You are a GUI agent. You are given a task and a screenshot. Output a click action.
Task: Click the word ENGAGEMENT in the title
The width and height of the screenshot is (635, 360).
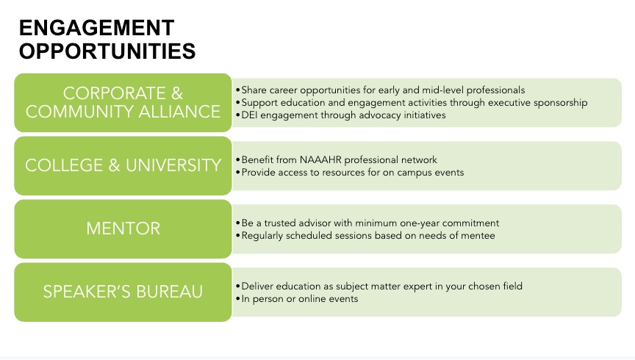coord(96,28)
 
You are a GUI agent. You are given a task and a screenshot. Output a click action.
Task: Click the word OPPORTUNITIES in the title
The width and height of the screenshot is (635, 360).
coord(107,51)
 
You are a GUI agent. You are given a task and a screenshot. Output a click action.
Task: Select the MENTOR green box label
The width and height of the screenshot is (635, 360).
coord(123,228)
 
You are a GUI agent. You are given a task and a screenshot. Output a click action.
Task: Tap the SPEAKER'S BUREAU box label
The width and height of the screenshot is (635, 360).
coord(123,292)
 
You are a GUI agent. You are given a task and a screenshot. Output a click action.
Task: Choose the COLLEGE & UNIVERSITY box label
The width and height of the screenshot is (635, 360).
coord(123,165)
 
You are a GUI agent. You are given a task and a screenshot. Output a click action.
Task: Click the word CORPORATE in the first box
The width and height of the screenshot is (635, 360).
coord(114,93)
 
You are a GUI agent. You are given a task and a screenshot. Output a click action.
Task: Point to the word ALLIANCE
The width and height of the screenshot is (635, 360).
coord(179,112)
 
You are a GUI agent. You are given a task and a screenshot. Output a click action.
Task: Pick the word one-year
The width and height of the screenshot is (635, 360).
coord(420,223)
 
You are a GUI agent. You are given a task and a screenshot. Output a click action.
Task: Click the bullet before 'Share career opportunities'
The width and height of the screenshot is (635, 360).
coord(238,90)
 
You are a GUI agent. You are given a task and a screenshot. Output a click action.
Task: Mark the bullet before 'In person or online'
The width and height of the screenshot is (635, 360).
coord(238,299)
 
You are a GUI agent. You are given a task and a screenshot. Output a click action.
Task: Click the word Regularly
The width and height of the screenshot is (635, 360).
coord(262,236)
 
